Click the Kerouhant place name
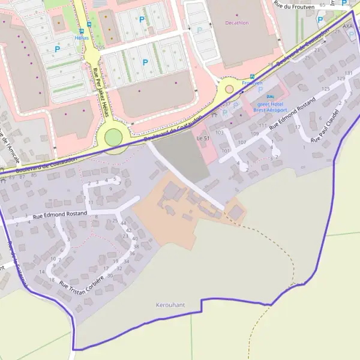click(x=170, y=305)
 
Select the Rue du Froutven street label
click(x=295, y=5)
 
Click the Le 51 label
click(x=202, y=138)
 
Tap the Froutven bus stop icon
click(x=252, y=76)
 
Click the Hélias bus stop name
click(x=81, y=37)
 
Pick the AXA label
click(x=347, y=26)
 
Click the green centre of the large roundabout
click(x=113, y=137)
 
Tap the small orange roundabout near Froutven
click(x=229, y=89)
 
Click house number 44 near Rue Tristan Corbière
click(x=124, y=223)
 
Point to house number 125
click(x=326, y=89)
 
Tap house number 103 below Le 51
click(x=220, y=132)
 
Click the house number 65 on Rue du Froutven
click(x=323, y=5)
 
